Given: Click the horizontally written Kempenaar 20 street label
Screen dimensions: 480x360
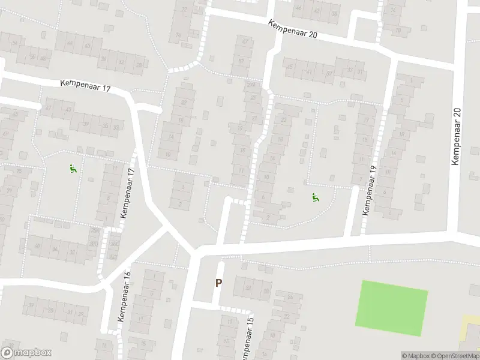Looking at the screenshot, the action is pos(293,28).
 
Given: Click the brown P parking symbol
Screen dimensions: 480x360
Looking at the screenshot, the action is pos(218,283).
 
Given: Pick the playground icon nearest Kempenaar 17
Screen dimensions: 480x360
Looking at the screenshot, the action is pos(73,169).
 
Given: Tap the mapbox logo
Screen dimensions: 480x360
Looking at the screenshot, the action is pos(26,352).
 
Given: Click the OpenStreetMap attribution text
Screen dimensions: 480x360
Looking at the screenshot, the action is pos(455,356).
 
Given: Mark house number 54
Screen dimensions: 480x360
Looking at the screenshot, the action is pos(70,43).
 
